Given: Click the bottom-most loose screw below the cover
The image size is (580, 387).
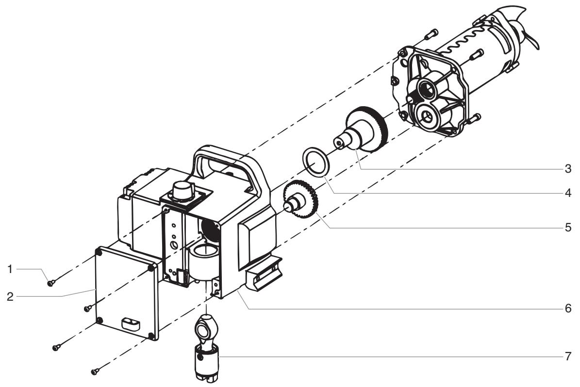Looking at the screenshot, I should (x=96, y=371).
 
